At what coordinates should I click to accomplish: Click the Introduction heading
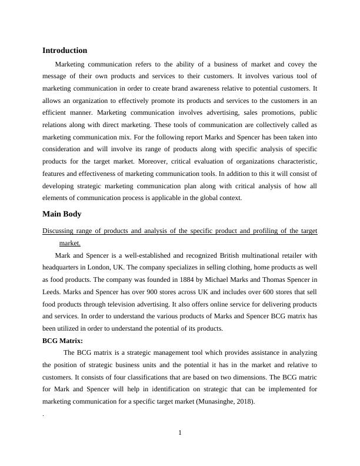click(x=65, y=51)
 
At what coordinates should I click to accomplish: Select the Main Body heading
click(x=62, y=214)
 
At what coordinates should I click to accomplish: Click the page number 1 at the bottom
click(x=180, y=434)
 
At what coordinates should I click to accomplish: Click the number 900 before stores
click(x=143, y=292)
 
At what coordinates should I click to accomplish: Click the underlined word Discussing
click(x=62, y=231)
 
